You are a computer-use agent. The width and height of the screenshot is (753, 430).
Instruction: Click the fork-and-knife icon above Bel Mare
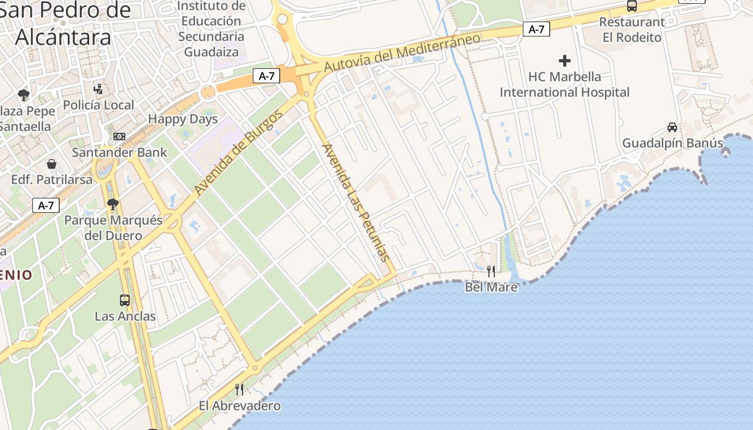coord(491,271)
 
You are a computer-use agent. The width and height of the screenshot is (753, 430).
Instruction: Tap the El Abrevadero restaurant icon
coord(239,389)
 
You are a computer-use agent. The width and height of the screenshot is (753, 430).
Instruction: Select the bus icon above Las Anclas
coord(125,300)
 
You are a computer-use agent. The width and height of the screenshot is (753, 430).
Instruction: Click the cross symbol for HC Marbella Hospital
coord(564,61)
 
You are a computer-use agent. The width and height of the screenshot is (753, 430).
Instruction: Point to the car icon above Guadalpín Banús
coord(672,127)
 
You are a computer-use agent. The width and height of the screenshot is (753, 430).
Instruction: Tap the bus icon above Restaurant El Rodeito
coord(632,6)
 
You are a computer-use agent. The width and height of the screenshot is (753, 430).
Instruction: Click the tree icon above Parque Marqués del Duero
coord(112,204)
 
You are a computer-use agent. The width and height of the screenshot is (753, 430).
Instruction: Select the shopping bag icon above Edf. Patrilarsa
coord(52,163)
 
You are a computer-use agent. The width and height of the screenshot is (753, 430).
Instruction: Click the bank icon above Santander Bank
coord(119,137)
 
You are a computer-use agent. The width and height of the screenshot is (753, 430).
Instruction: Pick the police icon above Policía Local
coord(98,89)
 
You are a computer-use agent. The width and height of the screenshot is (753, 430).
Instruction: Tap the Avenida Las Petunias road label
coord(355,202)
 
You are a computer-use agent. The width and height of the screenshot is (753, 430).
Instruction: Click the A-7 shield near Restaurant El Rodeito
coord(536,29)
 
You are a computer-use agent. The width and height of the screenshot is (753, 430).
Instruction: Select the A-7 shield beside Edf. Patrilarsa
coord(46,205)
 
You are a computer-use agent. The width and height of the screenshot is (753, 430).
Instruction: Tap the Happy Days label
coord(183,119)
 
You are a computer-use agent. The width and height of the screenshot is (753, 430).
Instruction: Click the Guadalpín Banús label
coord(672,143)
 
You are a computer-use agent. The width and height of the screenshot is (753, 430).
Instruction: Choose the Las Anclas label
coord(125,316)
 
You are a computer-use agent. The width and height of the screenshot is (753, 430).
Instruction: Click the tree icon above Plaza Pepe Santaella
coord(23,96)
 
